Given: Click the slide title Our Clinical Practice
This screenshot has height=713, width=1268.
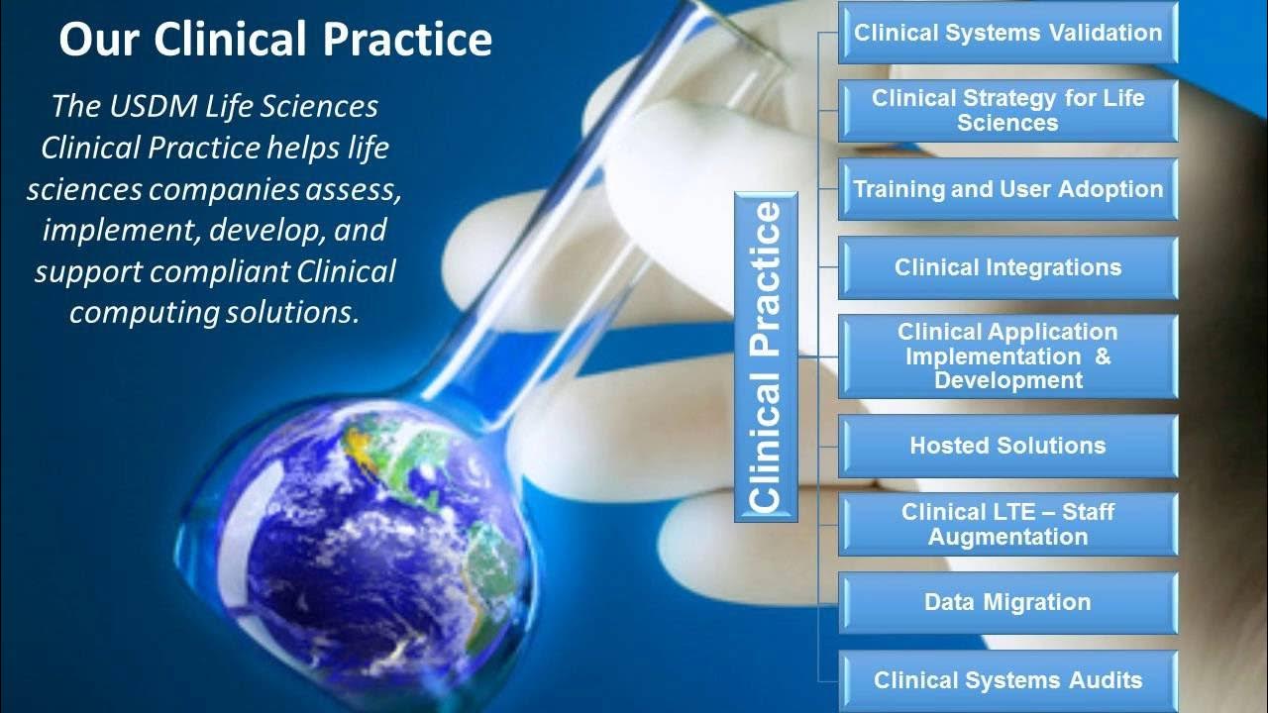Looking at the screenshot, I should (x=274, y=40).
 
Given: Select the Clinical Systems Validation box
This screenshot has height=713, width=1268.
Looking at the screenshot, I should (x=1007, y=33).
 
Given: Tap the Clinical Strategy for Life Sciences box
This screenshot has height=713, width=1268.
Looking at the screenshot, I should (x=1007, y=111).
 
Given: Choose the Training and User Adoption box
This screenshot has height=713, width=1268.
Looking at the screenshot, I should (x=1007, y=189).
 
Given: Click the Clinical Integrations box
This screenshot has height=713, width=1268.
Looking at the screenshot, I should (x=1007, y=267).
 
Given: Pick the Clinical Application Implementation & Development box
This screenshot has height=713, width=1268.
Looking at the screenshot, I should (x=1007, y=356).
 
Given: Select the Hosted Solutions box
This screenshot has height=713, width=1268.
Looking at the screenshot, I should (x=1007, y=446).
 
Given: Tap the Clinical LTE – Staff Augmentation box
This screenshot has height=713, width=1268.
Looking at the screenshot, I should (x=1007, y=524).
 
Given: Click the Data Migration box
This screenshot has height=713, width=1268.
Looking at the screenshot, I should (x=1007, y=602).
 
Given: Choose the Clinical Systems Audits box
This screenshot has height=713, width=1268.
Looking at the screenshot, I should (x=1007, y=680).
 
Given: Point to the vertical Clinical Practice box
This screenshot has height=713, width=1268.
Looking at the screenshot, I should (x=766, y=356).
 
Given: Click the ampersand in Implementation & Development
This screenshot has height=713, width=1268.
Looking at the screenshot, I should (x=1102, y=356).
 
